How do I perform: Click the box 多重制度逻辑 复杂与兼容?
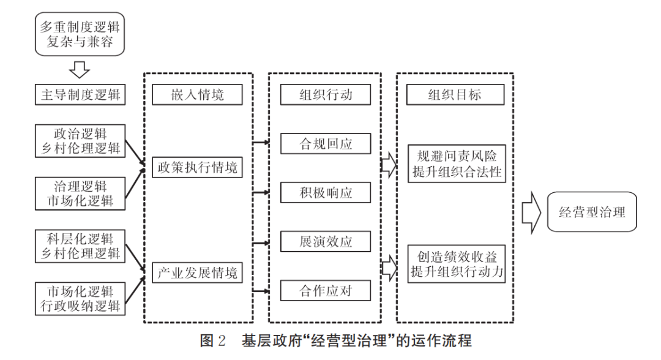(x=80, y=36)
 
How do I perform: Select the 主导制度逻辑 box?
(x=80, y=95)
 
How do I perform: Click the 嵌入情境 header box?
(x=198, y=95)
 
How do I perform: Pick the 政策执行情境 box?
(x=198, y=167)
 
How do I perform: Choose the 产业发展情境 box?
(x=198, y=272)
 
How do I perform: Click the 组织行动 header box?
(x=325, y=95)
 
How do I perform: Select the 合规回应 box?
(x=325, y=144)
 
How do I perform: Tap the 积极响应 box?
(x=325, y=193)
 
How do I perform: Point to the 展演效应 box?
(x=325, y=241)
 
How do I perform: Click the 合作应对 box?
(x=325, y=290)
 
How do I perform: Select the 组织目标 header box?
(x=454, y=95)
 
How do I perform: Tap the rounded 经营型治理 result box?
(x=592, y=212)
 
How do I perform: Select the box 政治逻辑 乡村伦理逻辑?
(x=80, y=140)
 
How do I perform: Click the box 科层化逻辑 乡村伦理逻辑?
(x=80, y=246)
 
